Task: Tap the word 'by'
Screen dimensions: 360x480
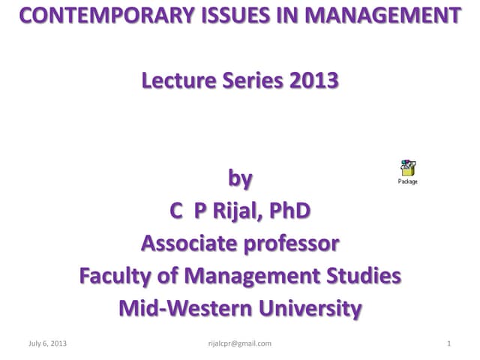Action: [x=240, y=179]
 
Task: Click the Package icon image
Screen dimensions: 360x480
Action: [x=408, y=168]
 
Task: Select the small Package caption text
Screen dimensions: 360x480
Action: [x=408, y=181]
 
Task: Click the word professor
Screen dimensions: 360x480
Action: [x=289, y=244]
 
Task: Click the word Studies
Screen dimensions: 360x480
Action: [x=358, y=276]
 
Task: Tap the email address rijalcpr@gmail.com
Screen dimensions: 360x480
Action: [x=239, y=343]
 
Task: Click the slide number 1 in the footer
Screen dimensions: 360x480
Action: [x=448, y=343]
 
